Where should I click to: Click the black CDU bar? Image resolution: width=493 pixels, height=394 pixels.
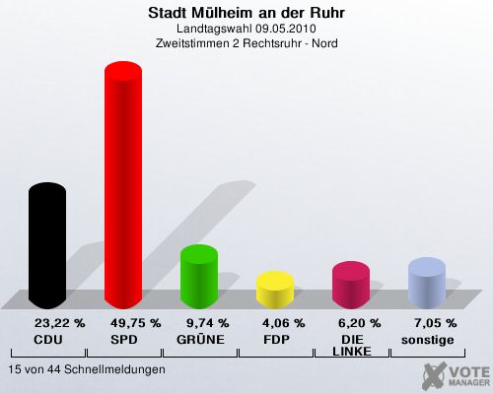point(47,245)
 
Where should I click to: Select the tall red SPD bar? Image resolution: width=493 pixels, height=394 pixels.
point(123,185)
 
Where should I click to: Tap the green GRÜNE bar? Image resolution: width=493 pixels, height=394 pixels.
point(199,277)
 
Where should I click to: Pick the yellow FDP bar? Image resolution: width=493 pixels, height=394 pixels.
point(275,290)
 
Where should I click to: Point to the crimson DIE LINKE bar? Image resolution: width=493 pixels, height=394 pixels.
point(351,285)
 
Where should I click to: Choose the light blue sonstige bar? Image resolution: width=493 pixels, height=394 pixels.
point(427,283)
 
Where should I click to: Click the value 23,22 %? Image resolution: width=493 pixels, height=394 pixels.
point(60,323)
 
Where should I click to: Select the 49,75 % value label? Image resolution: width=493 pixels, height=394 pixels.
point(136,323)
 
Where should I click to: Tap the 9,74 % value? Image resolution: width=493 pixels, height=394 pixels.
point(208,323)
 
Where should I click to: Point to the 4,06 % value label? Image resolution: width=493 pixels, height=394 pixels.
point(284,323)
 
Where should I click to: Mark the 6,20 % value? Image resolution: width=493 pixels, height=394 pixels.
point(360,323)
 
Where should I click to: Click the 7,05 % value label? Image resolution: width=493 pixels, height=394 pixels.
point(436,323)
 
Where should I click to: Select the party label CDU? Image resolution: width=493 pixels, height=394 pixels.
point(48,340)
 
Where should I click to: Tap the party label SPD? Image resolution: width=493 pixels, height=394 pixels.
point(124,340)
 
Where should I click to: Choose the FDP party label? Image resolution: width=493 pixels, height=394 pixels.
point(276,340)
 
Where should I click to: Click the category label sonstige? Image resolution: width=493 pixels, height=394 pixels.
point(428,340)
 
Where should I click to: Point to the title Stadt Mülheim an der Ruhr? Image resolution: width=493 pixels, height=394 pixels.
point(246,13)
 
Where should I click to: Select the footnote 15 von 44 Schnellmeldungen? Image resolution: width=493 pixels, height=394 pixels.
point(87,369)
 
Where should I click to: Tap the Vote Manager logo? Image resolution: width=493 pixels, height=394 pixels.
point(456,375)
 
